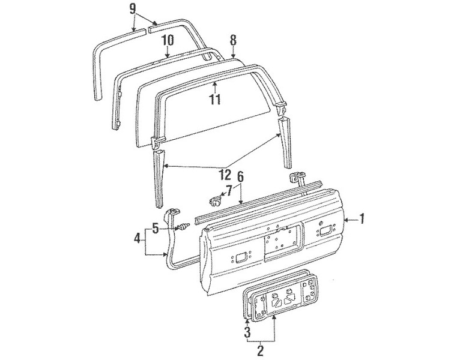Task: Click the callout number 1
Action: [x=362, y=219]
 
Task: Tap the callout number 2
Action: [x=260, y=350]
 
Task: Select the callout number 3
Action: [x=247, y=332]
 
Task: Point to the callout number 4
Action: [x=138, y=239]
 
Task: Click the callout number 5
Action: [x=156, y=229]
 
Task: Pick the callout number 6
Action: [x=240, y=177]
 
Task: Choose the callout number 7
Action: [x=229, y=191]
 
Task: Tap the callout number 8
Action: [x=233, y=40]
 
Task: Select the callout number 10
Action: [x=168, y=40]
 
